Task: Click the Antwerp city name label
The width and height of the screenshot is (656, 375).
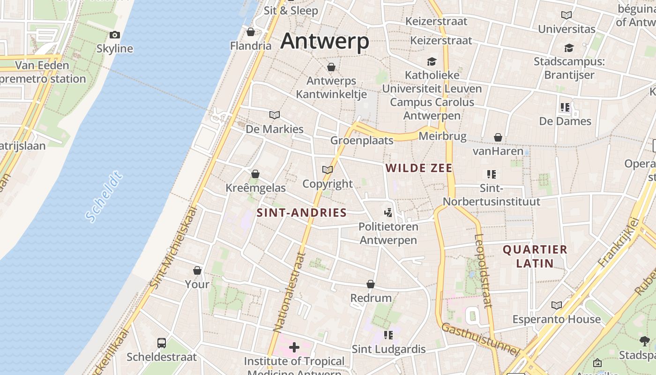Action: pyautogui.click(x=325, y=41)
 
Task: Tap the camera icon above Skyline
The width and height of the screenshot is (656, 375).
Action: pyautogui.click(x=114, y=35)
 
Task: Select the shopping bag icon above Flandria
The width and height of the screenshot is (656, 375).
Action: pyautogui.click(x=251, y=32)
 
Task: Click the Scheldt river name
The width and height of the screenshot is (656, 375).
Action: pyautogui.click(x=104, y=197)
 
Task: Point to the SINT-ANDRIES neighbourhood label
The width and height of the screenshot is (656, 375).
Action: pyautogui.click(x=302, y=213)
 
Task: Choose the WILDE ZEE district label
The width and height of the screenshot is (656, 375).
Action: pyautogui.click(x=419, y=168)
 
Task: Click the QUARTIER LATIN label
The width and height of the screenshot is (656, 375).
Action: pyautogui.click(x=535, y=256)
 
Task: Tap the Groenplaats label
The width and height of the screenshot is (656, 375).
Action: pyautogui.click(x=362, y=140)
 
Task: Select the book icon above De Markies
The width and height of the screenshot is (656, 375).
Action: pyautogui.click(x=275, y=115)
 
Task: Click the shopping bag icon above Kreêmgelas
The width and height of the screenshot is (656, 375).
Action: pyautogui.click(x=255, y=174)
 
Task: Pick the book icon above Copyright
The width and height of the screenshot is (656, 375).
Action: pyautogui.click(x=328, y=170)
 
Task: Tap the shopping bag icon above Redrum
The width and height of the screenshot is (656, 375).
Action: pyautogui.click(x=371, y=284)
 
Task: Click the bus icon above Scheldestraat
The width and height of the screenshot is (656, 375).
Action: pyautogui.click(x=162, y=343)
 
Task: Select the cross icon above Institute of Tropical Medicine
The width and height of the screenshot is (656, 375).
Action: pyautogui.click(x=294, y=347)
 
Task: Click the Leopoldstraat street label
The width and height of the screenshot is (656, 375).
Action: pyautogui.click(x=483, y=270)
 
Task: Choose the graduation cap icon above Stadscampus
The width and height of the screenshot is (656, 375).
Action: pyautogui.click(x=569, y=48)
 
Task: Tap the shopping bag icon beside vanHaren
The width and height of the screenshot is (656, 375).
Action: pyautogui.click(x=498, y=137)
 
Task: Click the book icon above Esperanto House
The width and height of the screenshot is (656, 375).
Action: pyautogui.click(x=557, y=305)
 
